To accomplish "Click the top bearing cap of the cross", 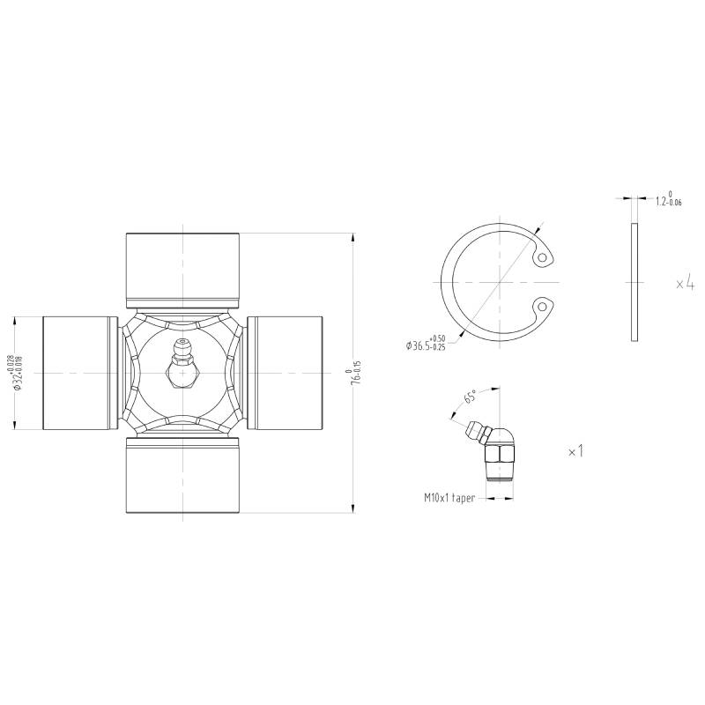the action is pyautogui.click(x=182, y=271).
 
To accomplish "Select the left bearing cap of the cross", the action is pyautogui.click(x=80, y=373).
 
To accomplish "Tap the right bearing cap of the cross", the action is pyautogui.click(x=285, y=373).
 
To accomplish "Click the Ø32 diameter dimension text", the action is pyautogui.click(x=19, y=373).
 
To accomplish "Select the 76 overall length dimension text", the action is pyautogui.click(x=356, y=373).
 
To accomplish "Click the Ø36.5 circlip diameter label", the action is pyautogui.click(x=425, y=343).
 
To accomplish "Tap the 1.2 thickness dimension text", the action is pyautogui.click(x=668, y=198).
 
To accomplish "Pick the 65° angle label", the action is pyautogui.click(x=470, y=397).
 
